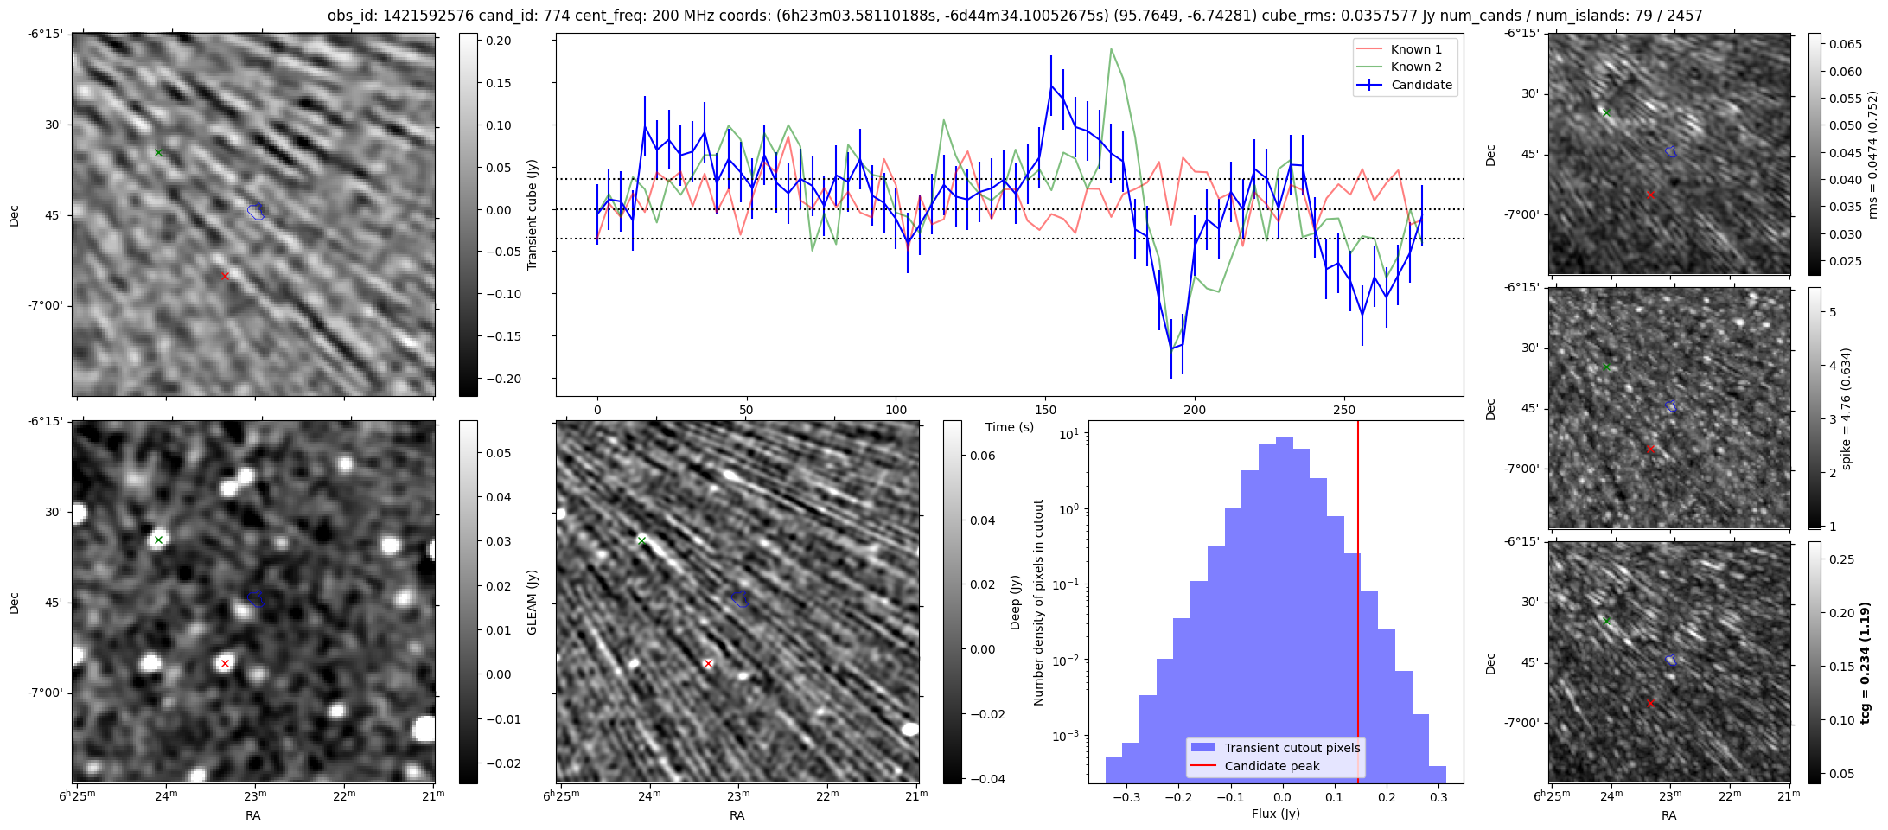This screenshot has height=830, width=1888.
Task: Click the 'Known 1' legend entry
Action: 1416,49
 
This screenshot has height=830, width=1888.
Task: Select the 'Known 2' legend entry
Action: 1416,67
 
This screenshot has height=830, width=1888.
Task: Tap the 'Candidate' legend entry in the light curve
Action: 1421,85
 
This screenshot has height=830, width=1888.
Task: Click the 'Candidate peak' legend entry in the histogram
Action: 1272,766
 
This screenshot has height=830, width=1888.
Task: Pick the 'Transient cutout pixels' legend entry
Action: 1292,748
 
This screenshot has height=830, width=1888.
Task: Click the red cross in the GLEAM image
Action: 225,664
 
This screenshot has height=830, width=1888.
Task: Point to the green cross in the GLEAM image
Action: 158,540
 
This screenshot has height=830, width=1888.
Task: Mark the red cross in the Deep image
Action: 708,664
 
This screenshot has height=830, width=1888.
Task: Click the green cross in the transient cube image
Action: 158,153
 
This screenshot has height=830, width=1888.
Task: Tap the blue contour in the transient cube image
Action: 255,211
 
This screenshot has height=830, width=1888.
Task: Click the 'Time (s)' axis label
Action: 1010,427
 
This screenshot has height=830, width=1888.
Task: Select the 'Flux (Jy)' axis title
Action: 1275,814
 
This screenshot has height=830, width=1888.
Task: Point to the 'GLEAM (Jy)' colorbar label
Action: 533,602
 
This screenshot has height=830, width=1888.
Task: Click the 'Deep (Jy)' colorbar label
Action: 1016,602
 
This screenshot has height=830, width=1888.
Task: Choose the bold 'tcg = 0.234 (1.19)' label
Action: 1865,663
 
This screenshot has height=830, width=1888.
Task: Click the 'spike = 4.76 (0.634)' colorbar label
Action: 1847,408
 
